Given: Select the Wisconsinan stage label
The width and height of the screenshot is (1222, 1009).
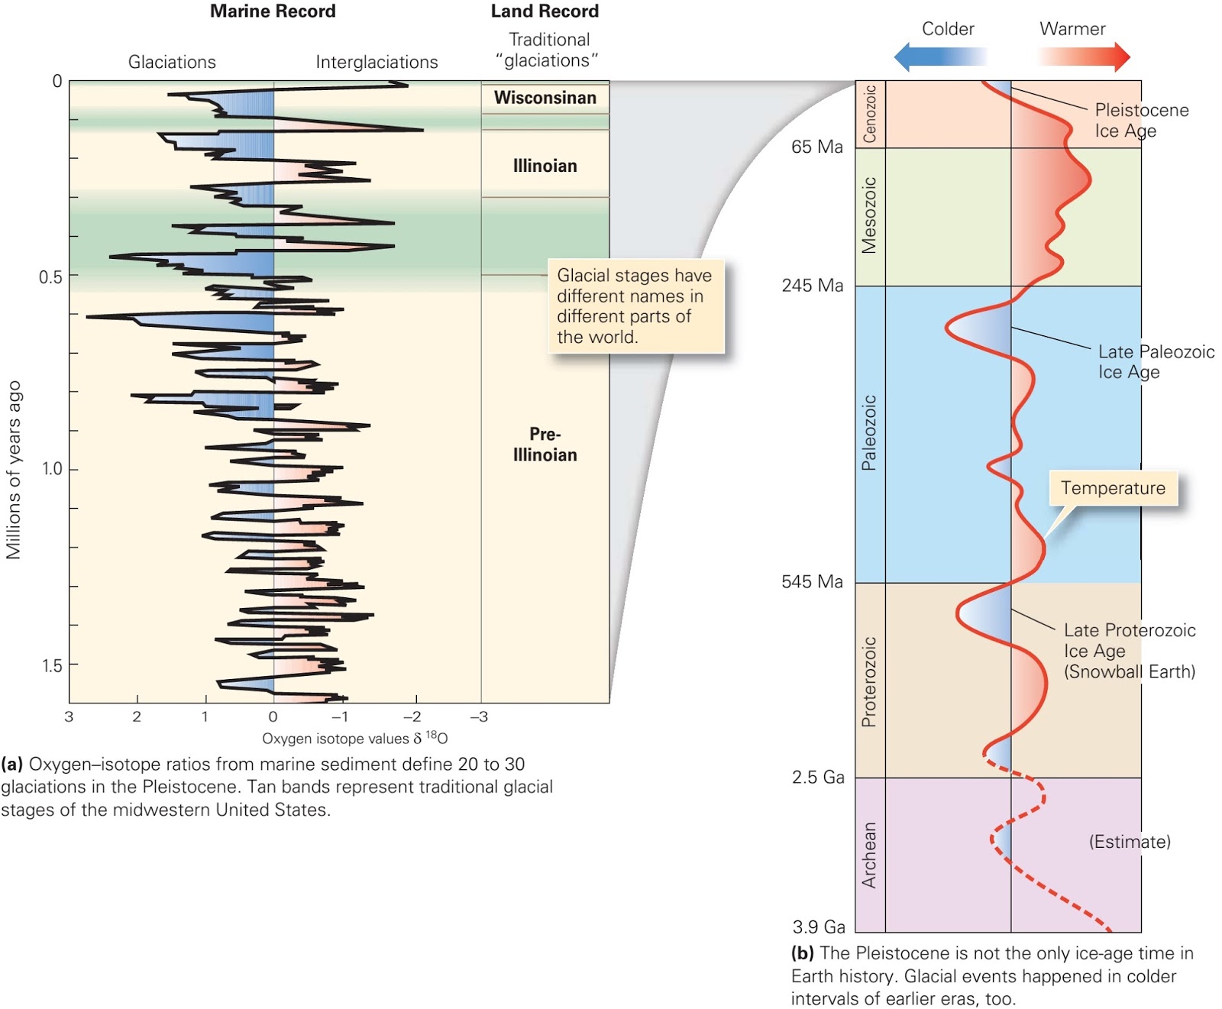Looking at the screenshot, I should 545,98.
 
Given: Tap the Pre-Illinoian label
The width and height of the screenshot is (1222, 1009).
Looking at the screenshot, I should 545,445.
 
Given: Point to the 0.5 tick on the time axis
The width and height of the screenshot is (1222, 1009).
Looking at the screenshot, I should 51,277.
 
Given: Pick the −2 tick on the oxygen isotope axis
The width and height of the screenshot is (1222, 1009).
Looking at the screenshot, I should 412,716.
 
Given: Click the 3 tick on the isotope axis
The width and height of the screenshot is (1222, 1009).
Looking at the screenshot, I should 69,716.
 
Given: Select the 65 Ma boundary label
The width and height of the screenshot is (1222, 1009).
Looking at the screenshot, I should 816,147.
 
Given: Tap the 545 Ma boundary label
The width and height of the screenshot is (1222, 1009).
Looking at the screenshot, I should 812,582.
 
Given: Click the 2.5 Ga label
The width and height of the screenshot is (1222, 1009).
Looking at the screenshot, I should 818,778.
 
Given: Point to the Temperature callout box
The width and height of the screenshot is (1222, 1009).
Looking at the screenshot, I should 1113,488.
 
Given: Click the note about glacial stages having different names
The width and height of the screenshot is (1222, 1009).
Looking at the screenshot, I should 635,306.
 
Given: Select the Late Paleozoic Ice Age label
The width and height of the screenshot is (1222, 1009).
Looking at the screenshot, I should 1156,362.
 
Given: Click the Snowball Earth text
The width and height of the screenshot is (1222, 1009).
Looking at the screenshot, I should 1130,672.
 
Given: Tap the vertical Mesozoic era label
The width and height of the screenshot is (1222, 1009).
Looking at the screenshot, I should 869,215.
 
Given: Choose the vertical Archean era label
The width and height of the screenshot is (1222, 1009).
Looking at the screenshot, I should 869,855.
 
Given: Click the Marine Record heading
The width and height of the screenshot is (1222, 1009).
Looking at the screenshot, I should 273,11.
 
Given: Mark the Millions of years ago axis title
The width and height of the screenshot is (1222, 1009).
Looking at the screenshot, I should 14,470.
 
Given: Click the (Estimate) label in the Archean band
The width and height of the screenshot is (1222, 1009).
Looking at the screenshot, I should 1129,842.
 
